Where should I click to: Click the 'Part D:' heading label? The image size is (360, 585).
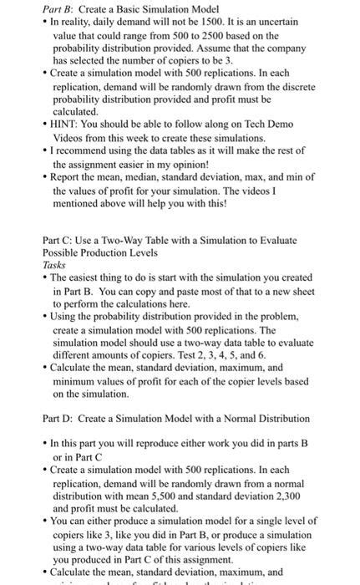[58, 418]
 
